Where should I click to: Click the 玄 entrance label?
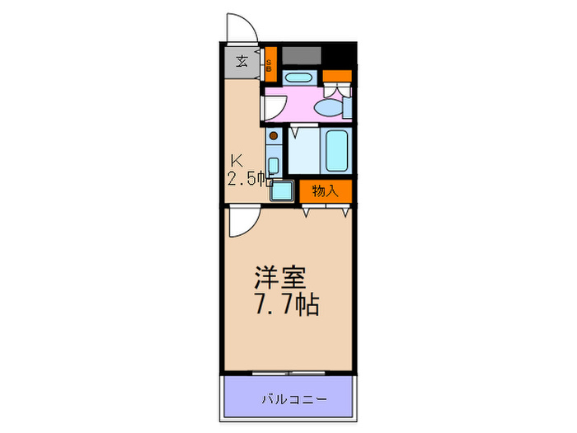pos(242,61)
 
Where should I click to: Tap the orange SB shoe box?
pos(270,64)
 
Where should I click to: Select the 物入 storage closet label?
pos(325,191)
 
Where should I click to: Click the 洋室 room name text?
pos(277,275)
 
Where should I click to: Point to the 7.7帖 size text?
pos(283,305)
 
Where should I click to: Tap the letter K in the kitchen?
pos(236,160)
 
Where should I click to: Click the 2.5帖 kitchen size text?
pos(246,178)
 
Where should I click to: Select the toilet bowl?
pos(334,107)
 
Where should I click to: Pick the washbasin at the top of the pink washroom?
pos(298,78)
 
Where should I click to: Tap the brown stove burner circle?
pos(274,134)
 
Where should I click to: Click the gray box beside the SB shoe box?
pos(302,56)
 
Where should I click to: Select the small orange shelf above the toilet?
pos(336,77)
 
